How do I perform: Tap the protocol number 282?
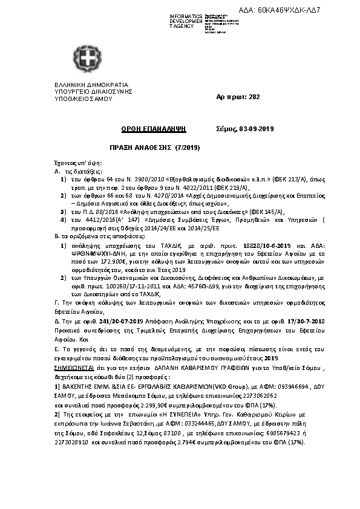point(238,97)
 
